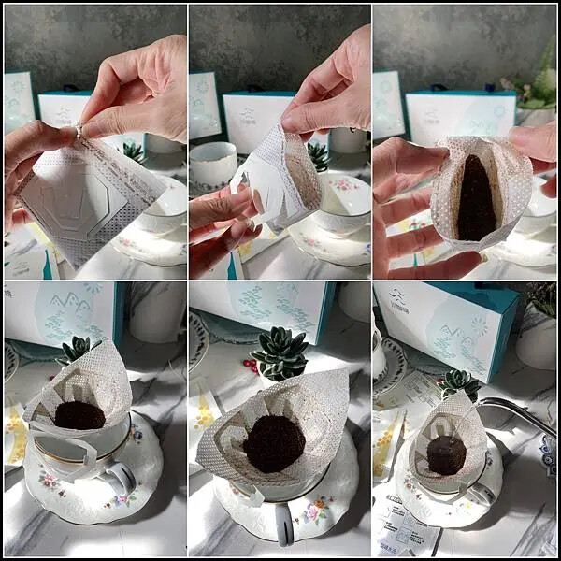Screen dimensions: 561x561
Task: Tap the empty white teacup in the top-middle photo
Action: point(212,164)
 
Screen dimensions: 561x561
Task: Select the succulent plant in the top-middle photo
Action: point(318,154)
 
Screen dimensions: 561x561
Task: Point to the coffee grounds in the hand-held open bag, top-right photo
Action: point(476,201)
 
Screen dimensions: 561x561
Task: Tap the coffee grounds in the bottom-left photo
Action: point(79,414)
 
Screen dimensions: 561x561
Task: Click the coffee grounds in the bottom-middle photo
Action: point(274,443)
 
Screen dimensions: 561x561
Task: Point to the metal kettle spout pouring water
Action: point(519,411)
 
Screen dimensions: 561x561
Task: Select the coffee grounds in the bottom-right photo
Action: point(446,454)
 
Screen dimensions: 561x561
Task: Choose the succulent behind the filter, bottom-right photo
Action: point(458,381)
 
